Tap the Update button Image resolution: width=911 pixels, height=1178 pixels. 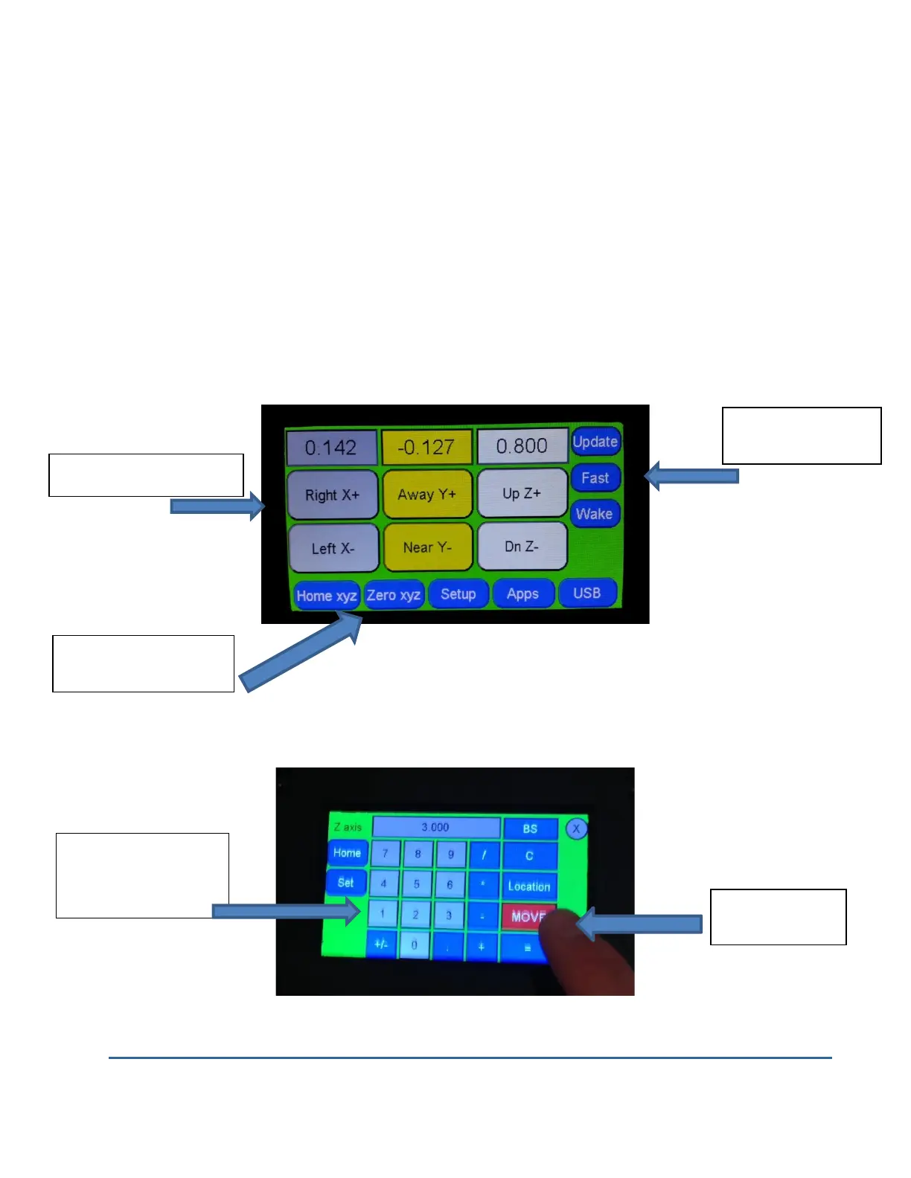pos(595,442)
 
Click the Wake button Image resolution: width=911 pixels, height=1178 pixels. pos(595,514)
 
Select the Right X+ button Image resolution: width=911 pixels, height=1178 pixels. pos(332,495)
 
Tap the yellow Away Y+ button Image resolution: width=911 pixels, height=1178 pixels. pos(427,495)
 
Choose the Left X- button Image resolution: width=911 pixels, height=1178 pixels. pos(333,549)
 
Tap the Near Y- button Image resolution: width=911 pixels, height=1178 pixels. pos(427,547)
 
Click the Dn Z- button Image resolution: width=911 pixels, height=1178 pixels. pos(522,547)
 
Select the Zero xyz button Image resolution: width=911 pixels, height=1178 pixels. pos(394,595)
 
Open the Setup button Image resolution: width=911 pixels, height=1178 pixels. pos(458,594)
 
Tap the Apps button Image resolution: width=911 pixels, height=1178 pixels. pos(522,593)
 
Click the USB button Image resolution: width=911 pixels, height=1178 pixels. pos(587,593)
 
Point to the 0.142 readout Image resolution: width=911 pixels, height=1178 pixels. pos(331,448)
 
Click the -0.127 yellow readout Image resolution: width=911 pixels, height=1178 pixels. pos(426,447)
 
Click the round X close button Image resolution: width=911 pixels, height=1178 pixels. pos(576,828)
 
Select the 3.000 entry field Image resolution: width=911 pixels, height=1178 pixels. pos(436,827)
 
